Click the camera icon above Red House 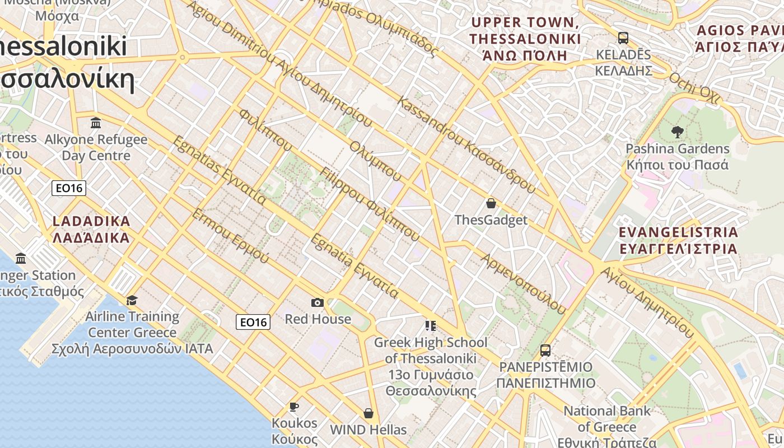point(318,303)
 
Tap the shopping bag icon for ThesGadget point(491,203)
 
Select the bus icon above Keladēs point(623,38)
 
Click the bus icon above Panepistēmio point(545,351)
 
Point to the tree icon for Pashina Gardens point(677,132)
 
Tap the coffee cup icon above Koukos point(294,407)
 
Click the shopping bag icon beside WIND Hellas point(368,413)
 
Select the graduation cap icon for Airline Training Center point(132,301)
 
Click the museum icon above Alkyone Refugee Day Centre point(96,123)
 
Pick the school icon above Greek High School point(430,326)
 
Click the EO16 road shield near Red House point(253,321)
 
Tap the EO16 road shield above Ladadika point(69,188)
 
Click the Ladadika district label point(91,229)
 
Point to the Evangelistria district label point(678,240)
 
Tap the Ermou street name point(230,236)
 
